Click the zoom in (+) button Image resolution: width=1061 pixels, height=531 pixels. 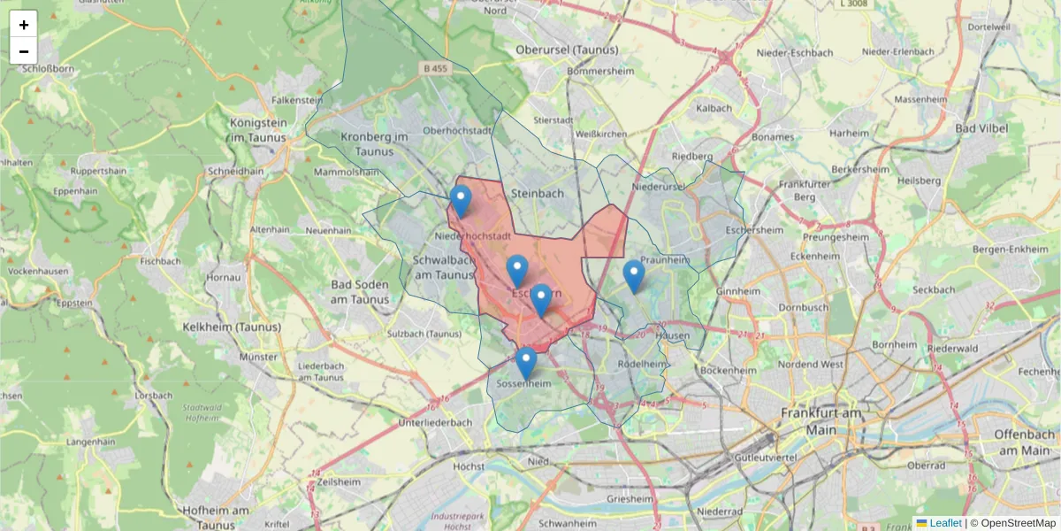[x=24, y=25]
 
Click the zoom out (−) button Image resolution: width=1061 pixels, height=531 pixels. [x=24, y=51]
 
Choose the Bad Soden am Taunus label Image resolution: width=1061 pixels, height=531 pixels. [x=365, y=291]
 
